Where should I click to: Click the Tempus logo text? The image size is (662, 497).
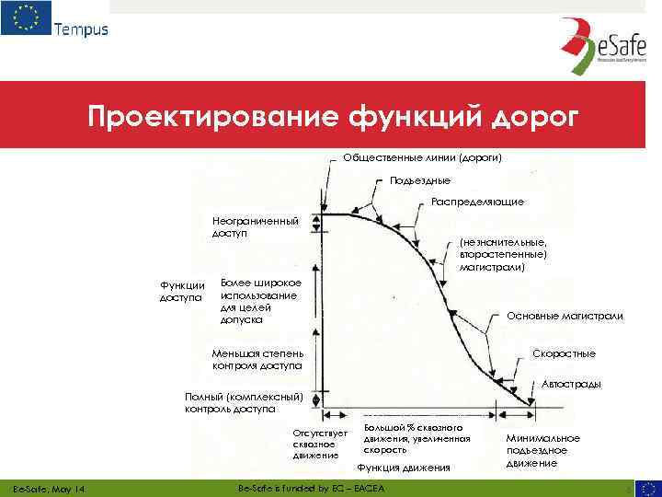[x=81, y=29]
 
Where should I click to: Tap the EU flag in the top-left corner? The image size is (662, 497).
[x=26, y=18]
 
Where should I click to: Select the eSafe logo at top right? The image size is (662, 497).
[x=597, y=56]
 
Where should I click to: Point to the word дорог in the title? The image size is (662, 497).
[x=538, y=117]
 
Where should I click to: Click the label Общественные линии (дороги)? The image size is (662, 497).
[x=422, y=157]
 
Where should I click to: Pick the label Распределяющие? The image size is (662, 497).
[x=477, y=202]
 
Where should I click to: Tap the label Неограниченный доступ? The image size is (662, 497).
[x=255, y=227]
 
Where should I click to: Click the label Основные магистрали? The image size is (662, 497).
[x=565, y=316]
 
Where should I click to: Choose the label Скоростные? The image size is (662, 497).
[x=564, y=353]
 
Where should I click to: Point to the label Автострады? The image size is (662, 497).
[x=572, y=384]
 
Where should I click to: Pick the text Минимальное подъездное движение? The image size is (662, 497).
[x=542, y=450]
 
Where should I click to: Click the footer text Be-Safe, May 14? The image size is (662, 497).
[x=45, y=487]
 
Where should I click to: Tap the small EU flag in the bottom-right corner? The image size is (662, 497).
[x=648, y=487]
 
